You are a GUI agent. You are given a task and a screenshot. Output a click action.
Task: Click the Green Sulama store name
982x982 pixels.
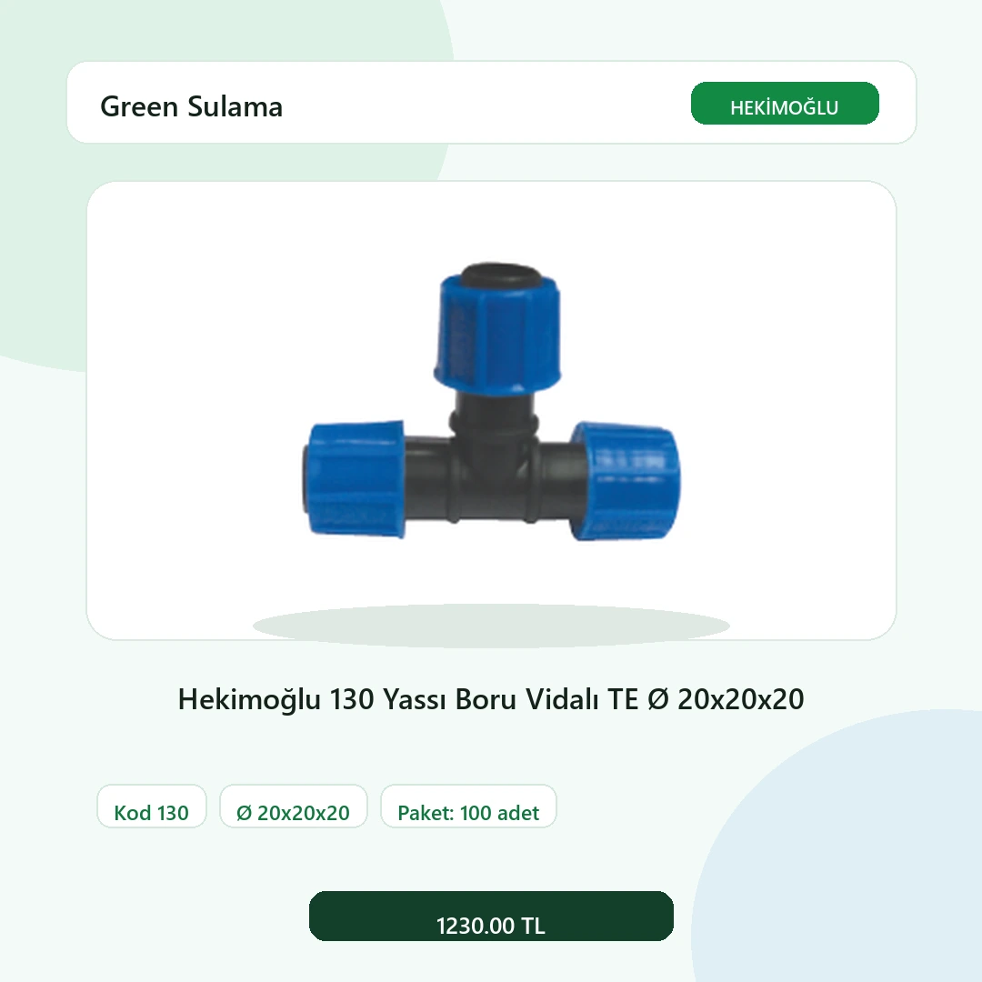click(x=191, y=106)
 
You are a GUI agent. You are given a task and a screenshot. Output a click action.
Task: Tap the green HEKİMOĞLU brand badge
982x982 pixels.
click(x=785, y=104)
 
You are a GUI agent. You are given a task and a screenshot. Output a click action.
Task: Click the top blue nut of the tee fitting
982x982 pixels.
click(x=498, y=334)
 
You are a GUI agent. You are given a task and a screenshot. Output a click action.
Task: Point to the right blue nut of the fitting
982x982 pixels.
click(x=626, y=481)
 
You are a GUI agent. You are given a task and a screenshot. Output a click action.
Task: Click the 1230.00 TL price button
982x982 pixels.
click(x=491, y=917)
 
